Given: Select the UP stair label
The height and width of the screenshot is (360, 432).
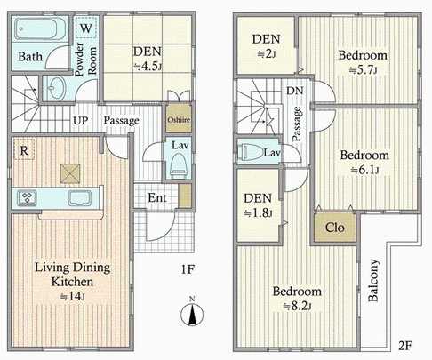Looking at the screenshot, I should [80, 120].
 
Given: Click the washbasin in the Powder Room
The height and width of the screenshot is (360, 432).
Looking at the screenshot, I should [54, 89].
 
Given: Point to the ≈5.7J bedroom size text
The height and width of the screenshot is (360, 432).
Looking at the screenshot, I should [359, 70].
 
